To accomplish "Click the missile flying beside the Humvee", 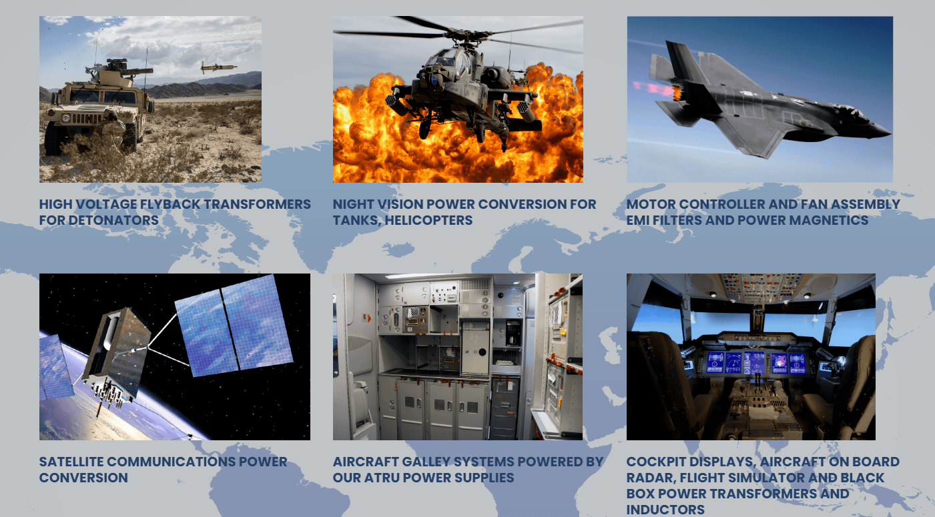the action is pyautogui.click(x=218, y=67).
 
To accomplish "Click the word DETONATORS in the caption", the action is pyautogui.click(x=113, y=220).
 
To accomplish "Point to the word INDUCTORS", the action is pyautogui.click(x=665, y=510).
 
